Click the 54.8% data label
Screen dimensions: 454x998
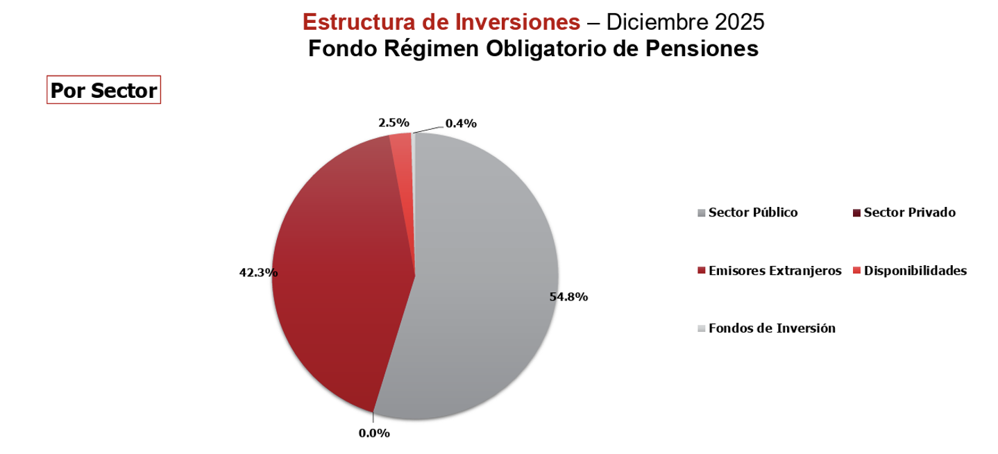point(568,297)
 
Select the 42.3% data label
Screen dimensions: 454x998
point(258,273)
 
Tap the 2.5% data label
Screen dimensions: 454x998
point(394,123)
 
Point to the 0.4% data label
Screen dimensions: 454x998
point(461,124)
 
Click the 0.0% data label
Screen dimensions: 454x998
point(374,433)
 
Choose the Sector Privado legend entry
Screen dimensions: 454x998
point(910,212)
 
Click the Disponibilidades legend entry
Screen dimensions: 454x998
point(915,271)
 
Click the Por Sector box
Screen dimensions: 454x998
point(103,90)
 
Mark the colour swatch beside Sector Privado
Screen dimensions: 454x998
point(857,213)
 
